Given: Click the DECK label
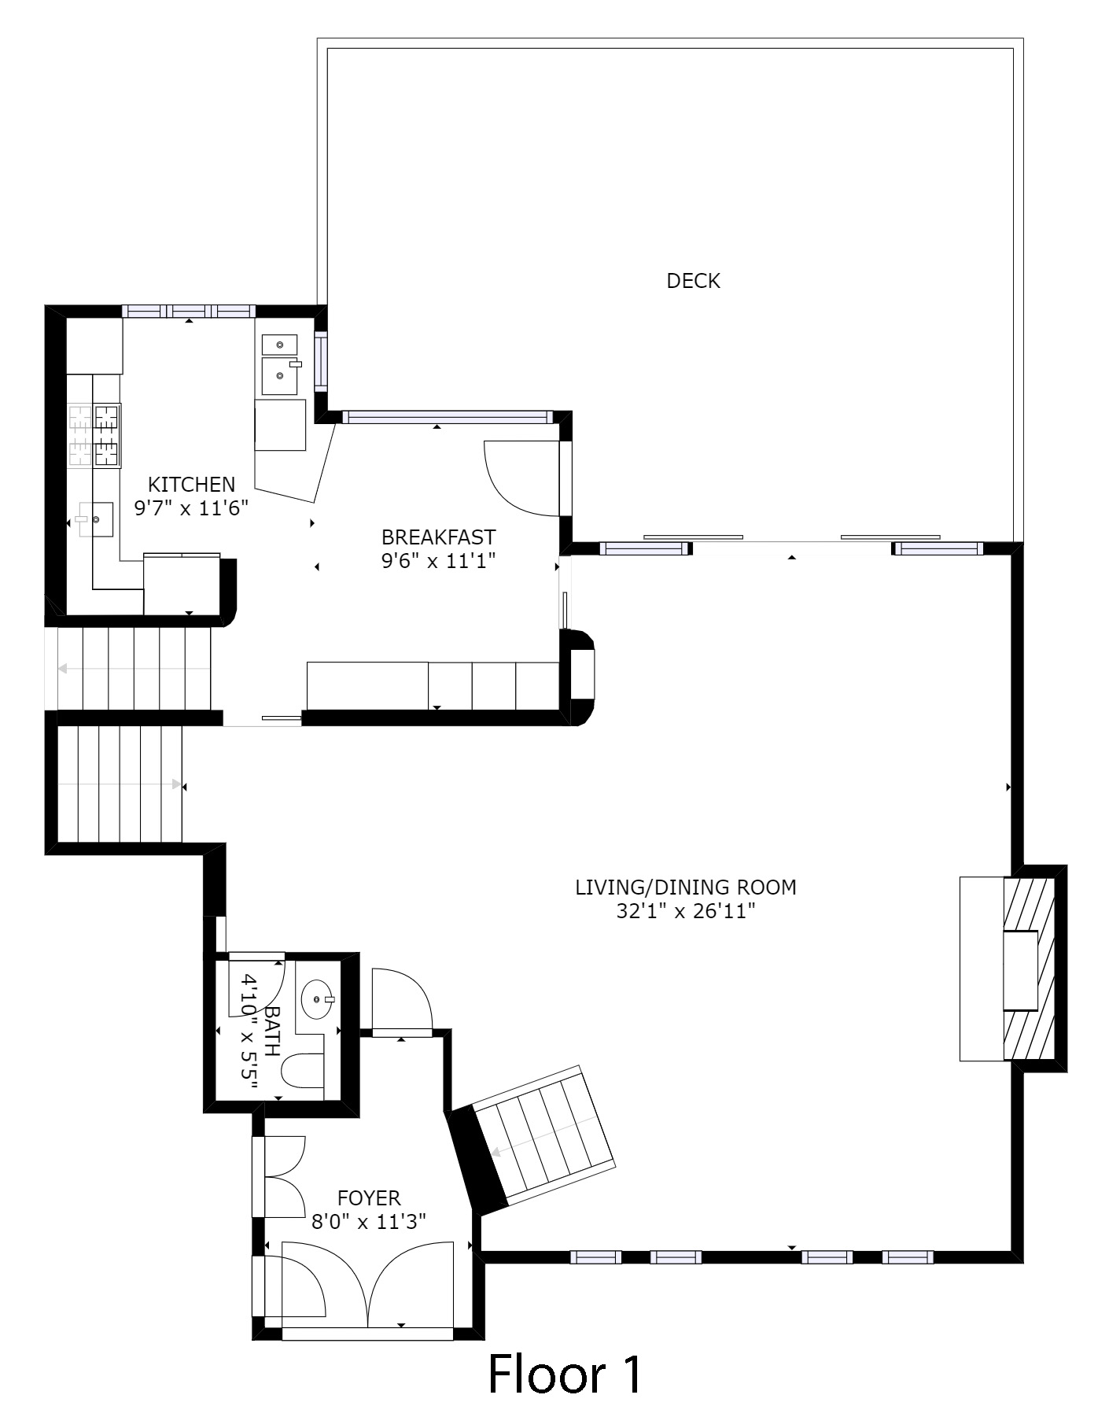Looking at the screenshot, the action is pyautogui.click(x=693, y=281).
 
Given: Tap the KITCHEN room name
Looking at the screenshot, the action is pyautogui.click(x=191, y=485).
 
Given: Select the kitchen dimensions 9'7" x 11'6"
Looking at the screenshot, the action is pyautogui.click(x=191, y=508).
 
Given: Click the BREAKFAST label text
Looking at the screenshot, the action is pyautogui.click(x=438, y=537).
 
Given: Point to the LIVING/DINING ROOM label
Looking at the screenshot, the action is pyautogui.click(x=686, y=887).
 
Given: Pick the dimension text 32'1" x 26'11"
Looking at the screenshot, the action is pyautogui.click(x=686, y=912).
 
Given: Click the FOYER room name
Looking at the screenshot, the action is pyautogui.click(x=369, y=1198).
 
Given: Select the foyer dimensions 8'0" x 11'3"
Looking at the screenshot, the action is pyautogui.click(x=369, y=1222).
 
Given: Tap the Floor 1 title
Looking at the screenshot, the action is pyautogui.click(x=565, y=1374).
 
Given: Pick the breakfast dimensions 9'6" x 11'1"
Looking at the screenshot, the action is pyautogui.click(x=438, y=561).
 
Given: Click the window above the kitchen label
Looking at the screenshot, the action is pyautogui.click(x=189, y=311).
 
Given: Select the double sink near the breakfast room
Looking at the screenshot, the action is pyautogui.click(x=279, y=364).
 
